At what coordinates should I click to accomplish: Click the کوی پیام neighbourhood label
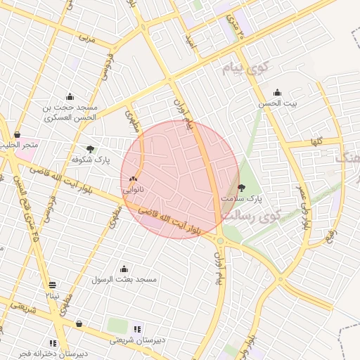(x=245, y=68)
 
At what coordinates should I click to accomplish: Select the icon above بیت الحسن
(x=277, y=92)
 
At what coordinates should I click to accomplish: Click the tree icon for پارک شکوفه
(x=90, y=148)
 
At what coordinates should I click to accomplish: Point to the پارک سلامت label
(x=241, y=199)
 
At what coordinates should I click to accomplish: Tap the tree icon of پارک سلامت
(x=242, y=188)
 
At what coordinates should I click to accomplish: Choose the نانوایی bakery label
(x=133, y=190)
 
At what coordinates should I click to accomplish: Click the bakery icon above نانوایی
(x=133, y=179)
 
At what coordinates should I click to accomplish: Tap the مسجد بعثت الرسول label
(x=123, y=279)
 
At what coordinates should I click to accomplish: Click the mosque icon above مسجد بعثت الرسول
(x=124, y=269)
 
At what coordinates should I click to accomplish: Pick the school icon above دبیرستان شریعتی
(x=137, y=328)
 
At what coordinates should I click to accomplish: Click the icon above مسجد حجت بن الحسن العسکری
(x=70, y=97)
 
